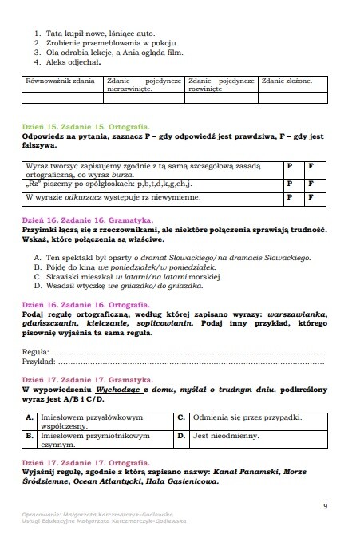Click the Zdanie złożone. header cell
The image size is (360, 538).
point(287,81)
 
